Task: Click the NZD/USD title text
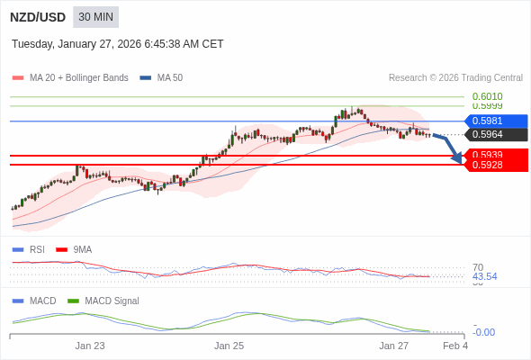pos(37,17)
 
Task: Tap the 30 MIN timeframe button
pos(95,17)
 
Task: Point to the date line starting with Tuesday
pos(117,44)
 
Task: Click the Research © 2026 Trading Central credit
pos(455,78)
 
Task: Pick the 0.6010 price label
pos(487,96)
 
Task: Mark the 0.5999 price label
pos(487,106)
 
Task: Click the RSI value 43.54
pos(484,276)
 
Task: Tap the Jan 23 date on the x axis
pos(90,346)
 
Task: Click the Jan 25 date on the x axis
pos(229,346)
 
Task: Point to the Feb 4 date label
pos(455,346)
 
